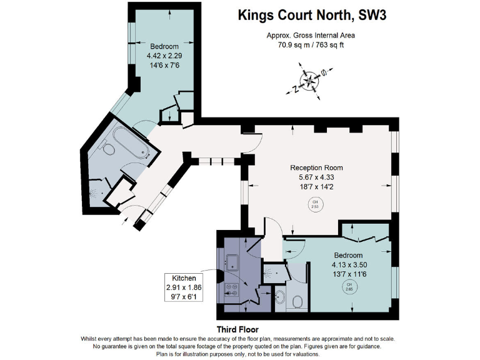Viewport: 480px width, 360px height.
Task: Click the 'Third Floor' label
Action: click(x=237, y=329)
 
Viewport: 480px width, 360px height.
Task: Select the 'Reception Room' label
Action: click(x=317, y=167)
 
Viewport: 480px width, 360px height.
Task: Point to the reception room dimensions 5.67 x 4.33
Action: click(x=317, y=177)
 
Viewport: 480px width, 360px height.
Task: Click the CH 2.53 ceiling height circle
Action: click(x=316, y=204)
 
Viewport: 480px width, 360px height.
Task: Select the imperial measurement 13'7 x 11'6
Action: click(x=348, y=273)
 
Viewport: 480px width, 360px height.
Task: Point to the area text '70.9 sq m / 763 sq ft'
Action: click(x=310, y=44)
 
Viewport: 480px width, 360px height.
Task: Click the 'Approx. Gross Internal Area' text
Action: click(x=310, y=36)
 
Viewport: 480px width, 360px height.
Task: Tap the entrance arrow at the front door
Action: click(x=123, y=219)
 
